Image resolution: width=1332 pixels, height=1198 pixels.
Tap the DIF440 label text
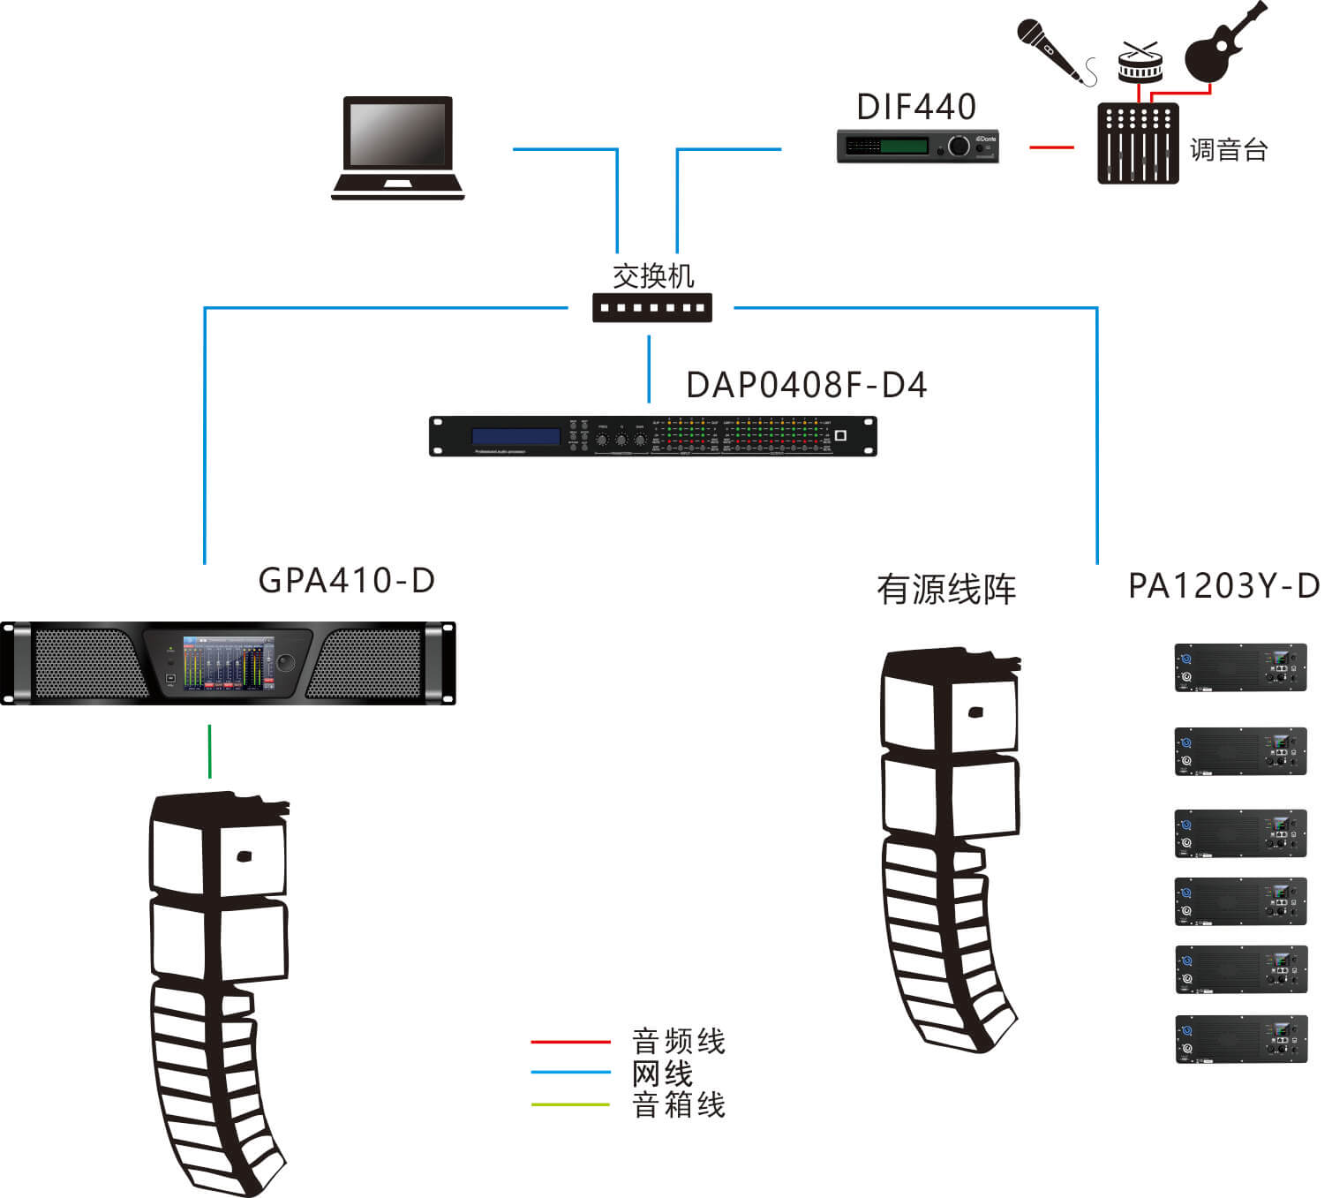[x=916, y=108]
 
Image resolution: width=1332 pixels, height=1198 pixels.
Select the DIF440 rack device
[x=917, y=146]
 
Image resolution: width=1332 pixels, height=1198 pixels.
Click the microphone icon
[x=1050, y=49]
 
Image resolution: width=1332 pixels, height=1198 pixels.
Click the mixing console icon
[x=1138, y=143]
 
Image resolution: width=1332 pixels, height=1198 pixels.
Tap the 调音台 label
[x=1229, y=149]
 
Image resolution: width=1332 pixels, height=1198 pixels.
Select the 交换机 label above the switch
[x=653, y=276]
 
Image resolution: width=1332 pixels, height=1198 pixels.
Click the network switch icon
[x=651, y=308]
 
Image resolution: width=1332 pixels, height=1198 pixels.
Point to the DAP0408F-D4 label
[x=806, y=386]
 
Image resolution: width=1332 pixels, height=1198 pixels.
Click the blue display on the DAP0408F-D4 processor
[x=516, y=437]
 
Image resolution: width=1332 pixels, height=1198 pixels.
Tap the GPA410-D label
[x=347, y=581]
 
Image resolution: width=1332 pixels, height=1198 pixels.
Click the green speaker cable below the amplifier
[x=210, y=751]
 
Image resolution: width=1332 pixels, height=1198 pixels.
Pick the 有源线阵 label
[x=946, y=590]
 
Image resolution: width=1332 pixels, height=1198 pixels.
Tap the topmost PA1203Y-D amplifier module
[x=1240, y=667]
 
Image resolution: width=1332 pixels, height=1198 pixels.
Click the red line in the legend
[x=570, y=1043]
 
